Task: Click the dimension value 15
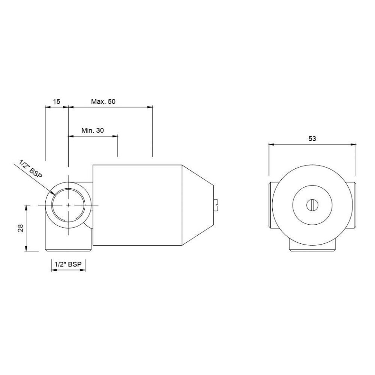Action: [57, 102]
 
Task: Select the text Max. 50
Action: [104, 102]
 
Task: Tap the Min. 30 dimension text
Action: [93, 130]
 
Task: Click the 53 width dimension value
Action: [312, 139]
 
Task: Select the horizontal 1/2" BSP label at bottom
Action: [68, 264]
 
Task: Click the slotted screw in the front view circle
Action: [312, 204]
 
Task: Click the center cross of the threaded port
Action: [68, 204]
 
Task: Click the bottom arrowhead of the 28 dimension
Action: [26, 249]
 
